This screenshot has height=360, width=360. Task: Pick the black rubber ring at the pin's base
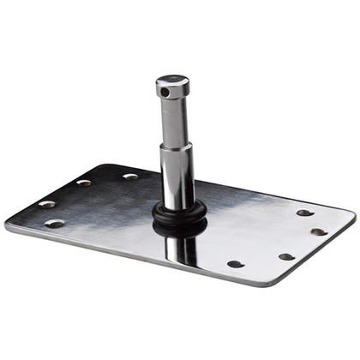point(179,215)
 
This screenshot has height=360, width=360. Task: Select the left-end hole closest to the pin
point(130,177)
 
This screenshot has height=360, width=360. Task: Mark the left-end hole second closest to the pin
point(84,183)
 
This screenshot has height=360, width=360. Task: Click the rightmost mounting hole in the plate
point(318,231)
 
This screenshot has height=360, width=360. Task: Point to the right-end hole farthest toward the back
point(304,213)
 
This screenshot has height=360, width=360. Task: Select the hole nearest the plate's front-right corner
point(285,256)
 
